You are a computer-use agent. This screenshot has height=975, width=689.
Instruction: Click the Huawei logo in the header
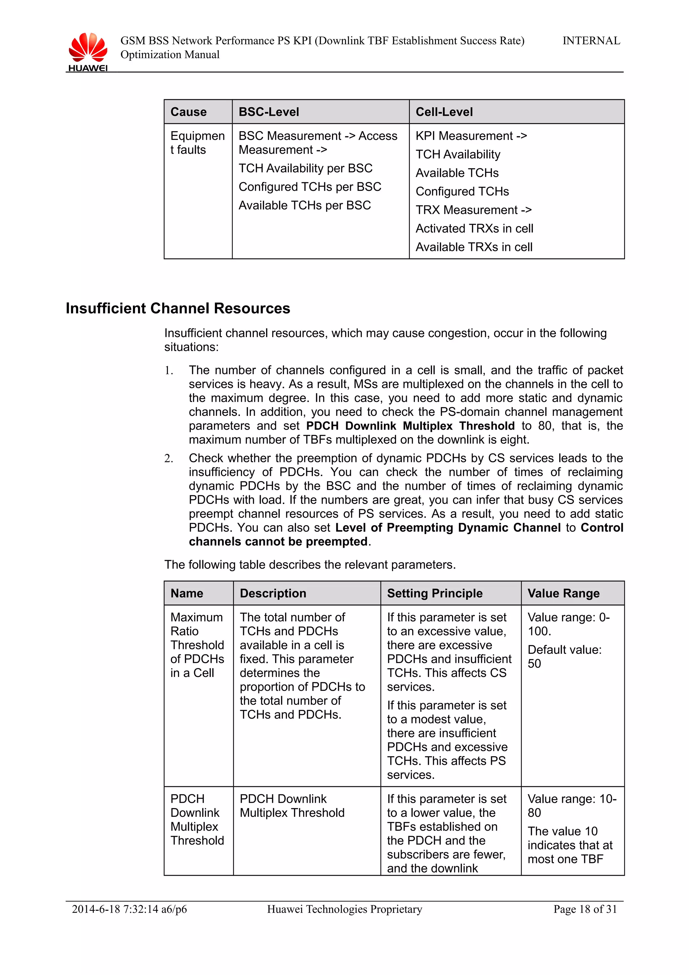(x=88, y=51)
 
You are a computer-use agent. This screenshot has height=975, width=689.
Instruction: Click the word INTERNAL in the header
(x=591, y=41)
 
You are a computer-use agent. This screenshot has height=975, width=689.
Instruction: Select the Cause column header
(x=188, y=112)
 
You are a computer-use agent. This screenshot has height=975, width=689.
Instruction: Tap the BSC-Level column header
(x=269, y=112)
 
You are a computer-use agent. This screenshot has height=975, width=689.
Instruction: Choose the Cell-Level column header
(x=444, y=112)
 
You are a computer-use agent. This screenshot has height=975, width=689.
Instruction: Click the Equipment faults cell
(x=197, y=143)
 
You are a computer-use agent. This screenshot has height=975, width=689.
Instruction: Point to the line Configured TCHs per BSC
(x=310, y=187)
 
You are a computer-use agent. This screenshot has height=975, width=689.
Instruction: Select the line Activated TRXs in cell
(x=474, y=228)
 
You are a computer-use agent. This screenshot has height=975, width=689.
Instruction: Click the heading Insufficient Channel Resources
(x=178, y=308)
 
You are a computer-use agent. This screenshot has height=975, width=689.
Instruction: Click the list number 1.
(x=169, y=371)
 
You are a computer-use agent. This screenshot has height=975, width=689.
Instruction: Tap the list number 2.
(x=169, y=459)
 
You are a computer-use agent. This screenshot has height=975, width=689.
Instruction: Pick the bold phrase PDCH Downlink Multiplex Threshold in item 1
(x=410, y=426)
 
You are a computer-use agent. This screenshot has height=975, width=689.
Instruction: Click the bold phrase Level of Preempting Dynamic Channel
(x=448, y=528)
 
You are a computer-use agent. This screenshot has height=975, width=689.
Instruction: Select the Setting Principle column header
(x=434, y=593)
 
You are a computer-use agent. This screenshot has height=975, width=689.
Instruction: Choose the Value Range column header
(x=563, y=593)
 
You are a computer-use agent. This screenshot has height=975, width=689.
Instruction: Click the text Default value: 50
(x=564, y=656)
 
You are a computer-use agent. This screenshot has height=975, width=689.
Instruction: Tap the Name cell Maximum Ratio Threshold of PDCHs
(x=197, y=645)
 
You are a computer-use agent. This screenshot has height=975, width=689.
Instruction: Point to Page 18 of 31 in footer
(x=585, y=909)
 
